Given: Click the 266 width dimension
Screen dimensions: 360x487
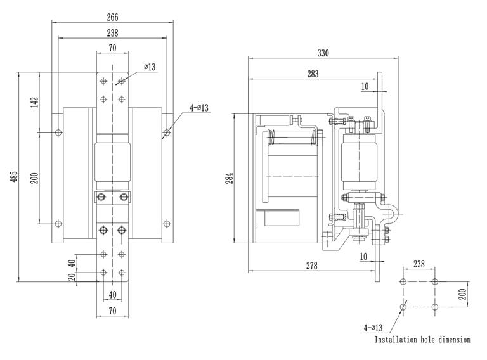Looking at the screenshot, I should [112, 17].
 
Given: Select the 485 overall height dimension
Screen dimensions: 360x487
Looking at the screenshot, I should [14, 178].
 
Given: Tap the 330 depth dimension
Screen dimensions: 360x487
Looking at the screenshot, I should [323, 54].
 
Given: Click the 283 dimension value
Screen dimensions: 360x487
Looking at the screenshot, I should [313, 74].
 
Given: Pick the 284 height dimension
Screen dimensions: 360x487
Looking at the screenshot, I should [230, 178].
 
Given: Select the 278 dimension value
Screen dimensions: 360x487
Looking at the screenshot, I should [311, 266].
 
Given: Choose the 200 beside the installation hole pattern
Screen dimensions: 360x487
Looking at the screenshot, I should [462, 293].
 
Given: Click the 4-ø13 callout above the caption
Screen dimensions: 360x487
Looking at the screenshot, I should [373, 327].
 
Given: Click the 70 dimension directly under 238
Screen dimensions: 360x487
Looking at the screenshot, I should [112, 48].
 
